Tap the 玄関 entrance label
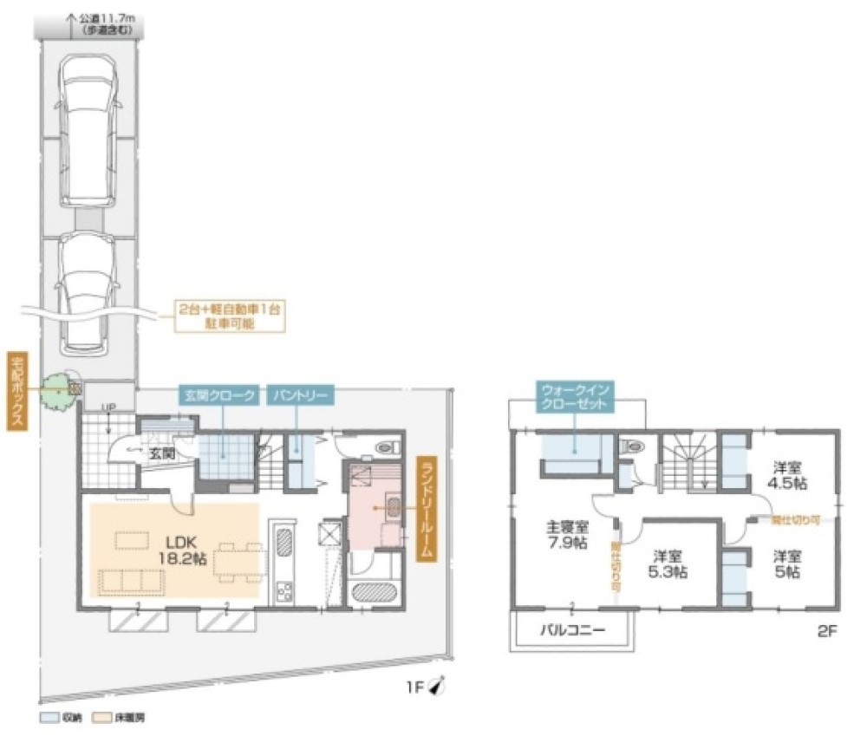click(x=161, y=453)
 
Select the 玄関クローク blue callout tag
click(x=218, y=395)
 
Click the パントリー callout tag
click(x=299, y=395)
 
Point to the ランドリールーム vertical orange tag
click(x=425, y=509)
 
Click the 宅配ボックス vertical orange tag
click(x=16, y=391)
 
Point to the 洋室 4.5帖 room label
click(x=791, y=473)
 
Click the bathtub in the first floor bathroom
click(x=375, y=593)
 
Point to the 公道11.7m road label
click(x=107, y=22)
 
